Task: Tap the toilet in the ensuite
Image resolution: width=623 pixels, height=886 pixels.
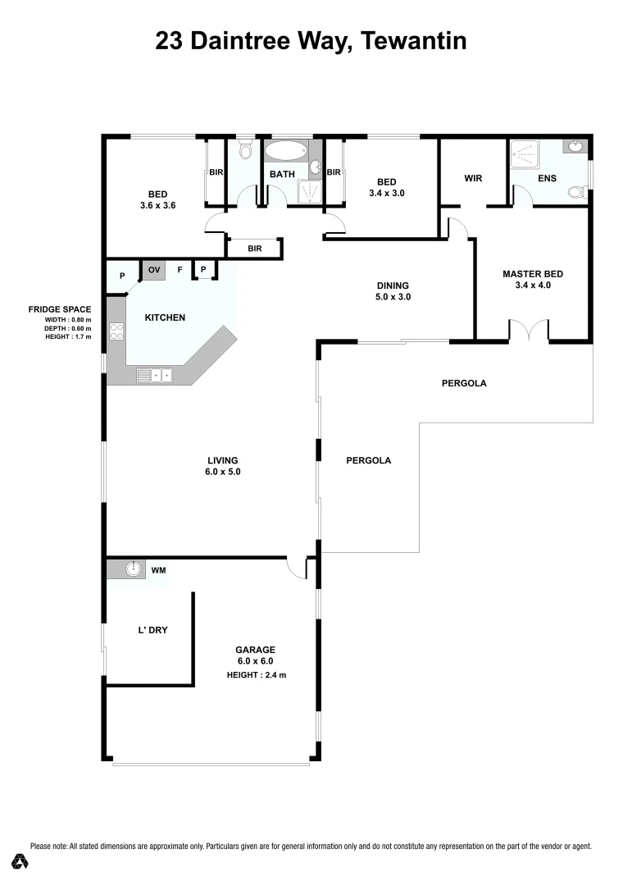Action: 576,194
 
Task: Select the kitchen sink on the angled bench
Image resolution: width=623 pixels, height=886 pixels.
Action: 155,376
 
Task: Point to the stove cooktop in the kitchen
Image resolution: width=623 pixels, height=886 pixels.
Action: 116,331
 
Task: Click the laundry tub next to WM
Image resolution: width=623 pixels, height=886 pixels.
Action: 134,569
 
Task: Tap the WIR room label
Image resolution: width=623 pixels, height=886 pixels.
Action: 473,177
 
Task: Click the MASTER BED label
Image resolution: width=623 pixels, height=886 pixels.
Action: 533,274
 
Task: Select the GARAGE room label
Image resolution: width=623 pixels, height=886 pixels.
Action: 257,650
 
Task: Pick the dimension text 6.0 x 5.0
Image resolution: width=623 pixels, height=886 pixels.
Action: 223,472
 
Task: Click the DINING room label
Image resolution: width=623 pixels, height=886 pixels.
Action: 393,285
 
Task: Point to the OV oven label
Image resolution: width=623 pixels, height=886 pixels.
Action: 154,269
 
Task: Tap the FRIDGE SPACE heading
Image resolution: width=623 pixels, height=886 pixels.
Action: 60,309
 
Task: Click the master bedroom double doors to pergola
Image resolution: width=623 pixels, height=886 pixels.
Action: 530,331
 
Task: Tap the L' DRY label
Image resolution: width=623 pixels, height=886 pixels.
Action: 152,631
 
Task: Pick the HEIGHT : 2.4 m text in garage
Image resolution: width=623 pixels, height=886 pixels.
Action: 257,675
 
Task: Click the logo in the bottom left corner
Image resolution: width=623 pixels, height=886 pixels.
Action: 21,861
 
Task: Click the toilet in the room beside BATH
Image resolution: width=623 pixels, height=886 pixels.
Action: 244,151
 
